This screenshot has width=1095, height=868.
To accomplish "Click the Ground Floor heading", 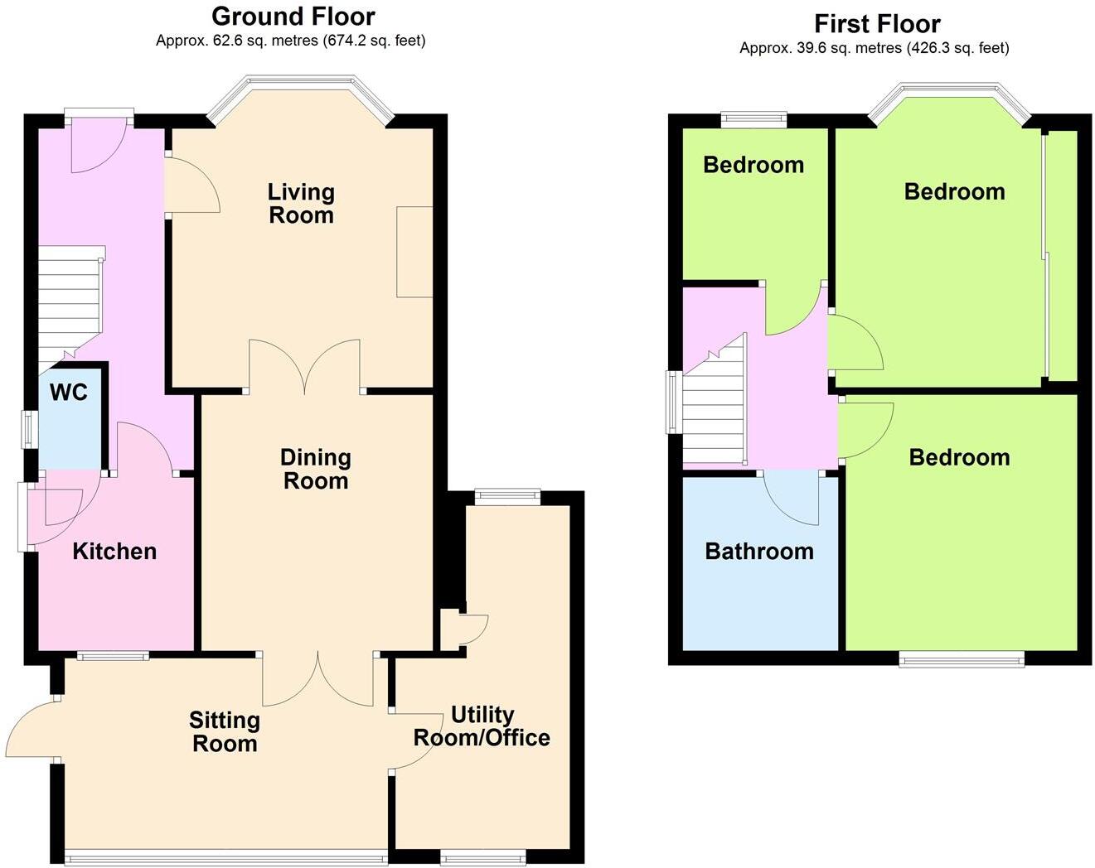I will coord(293,16).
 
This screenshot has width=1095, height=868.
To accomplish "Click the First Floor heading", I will coord(877,23).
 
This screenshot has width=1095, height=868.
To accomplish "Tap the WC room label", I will coord(68,393).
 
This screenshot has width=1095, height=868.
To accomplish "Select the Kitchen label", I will coord(114,552).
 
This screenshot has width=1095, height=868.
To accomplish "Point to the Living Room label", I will coord(301,204).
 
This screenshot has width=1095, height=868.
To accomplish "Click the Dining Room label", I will coord(315,469).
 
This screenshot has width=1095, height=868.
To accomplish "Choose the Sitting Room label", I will coord(225,732).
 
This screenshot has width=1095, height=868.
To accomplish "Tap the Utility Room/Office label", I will coord(482,726).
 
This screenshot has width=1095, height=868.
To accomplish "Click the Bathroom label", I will coord(759,552).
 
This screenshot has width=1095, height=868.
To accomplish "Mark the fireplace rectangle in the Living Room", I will coord(414,252).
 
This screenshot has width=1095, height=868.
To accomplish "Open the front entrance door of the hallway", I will coord(98,145).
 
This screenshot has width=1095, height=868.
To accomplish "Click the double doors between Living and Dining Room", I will coord(305,365).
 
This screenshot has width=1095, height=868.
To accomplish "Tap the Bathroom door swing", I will coord(792,497).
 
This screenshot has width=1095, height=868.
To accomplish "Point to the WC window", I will coord(30,429).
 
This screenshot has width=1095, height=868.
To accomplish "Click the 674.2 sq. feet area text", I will coord(374,41).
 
